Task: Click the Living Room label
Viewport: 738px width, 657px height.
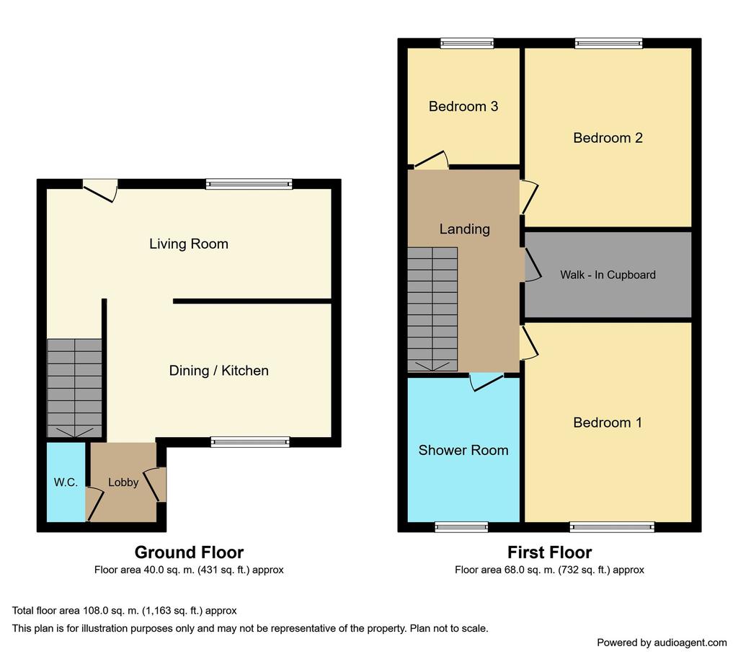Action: click(189, 244)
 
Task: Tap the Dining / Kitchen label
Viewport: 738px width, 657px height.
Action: click(219, 371)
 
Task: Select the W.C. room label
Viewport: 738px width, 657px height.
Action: click(66, 482)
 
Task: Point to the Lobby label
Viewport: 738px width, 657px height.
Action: click(123, 482)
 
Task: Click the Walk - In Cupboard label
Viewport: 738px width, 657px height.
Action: click(608, 275)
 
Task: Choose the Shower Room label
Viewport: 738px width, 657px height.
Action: click(463, 450)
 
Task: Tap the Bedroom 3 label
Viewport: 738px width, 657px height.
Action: click(463, 107)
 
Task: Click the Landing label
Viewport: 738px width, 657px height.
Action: click(465, 229)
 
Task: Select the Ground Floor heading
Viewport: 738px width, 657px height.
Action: click(189, 552)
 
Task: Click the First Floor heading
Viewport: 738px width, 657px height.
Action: click(549, 552)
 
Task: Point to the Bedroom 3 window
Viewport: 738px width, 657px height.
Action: click(467, 43)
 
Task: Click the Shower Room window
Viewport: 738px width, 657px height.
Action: click(461, 527)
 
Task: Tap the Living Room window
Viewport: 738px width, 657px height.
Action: click(249, 184)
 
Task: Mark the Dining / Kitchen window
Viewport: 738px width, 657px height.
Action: click(250, 442)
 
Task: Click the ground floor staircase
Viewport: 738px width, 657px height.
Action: click(74, 388)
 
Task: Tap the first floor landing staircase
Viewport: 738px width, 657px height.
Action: click(432, 309)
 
